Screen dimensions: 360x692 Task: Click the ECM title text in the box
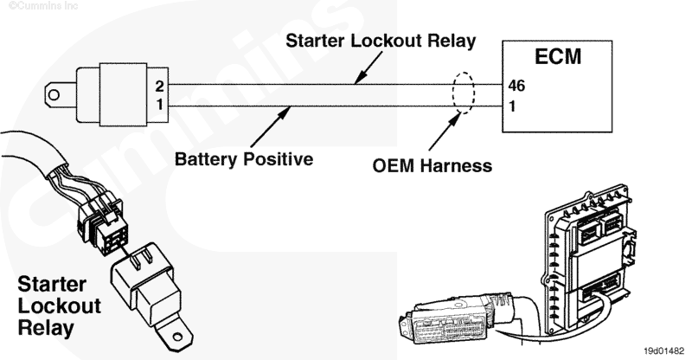[556, 59]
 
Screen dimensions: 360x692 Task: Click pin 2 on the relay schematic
[159, 87]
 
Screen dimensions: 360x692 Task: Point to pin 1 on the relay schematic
[159, 104]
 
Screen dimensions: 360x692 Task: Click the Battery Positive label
[243, 160]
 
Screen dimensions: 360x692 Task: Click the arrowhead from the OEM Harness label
[458, 112]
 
